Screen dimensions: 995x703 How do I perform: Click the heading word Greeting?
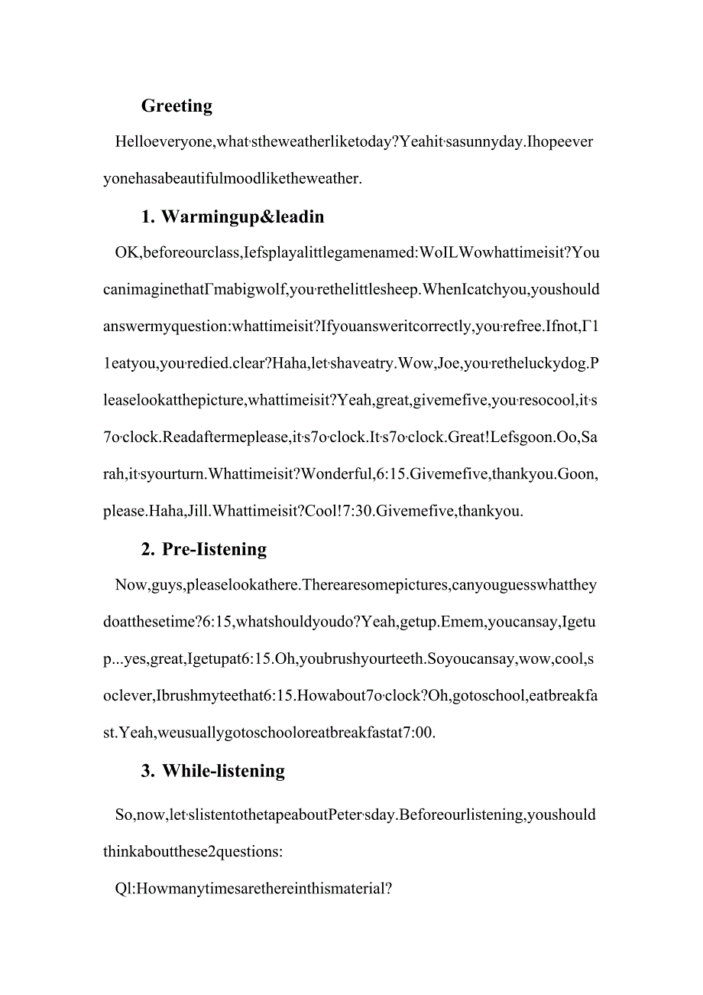pyautogui.click(x=177, y=106)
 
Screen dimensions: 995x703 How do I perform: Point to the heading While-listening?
pyautogui.click(x=223, y=771)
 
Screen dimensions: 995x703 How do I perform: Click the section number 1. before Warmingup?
pyautogui.click(x=148, y=217)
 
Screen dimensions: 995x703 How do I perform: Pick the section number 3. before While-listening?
pyautogui.click(x=148, y=771)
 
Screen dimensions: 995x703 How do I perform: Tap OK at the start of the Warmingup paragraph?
pyautogui.click(x=126, y=253)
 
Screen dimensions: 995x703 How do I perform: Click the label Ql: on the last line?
pyautogui.click(x=125, y=889)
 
